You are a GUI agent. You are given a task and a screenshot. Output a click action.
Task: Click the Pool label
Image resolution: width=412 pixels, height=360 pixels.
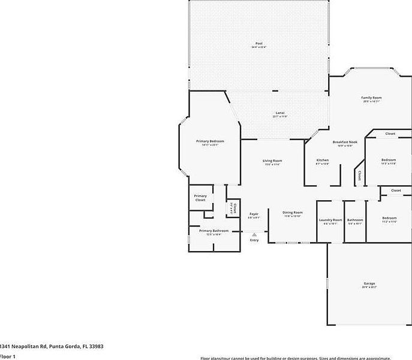pos(259,44)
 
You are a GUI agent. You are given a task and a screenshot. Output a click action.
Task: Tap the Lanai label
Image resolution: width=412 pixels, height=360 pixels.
pos(279,113)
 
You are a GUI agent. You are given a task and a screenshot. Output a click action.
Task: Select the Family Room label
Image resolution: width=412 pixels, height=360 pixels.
pos(371,98)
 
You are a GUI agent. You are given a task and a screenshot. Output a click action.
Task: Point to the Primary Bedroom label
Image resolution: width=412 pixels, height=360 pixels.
pos(210,141)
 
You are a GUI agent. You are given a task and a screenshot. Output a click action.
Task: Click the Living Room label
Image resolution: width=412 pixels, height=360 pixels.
pos(272,161)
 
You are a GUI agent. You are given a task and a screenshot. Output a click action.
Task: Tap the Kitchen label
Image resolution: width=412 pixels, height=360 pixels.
pos(323,161)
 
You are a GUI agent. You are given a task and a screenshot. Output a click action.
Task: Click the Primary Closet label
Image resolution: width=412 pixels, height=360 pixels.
pos(200,198)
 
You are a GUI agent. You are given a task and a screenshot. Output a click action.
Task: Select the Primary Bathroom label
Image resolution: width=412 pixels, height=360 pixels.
pos(213,231)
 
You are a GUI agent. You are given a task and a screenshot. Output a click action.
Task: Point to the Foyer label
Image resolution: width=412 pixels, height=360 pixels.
pos(254,213)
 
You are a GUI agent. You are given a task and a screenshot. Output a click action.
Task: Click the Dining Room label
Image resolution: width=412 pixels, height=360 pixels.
pos(293,213)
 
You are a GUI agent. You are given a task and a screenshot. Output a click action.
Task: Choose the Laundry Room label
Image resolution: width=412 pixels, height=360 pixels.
pos(330,220)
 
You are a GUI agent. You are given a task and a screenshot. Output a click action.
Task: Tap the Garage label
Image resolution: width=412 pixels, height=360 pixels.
pos(369,283)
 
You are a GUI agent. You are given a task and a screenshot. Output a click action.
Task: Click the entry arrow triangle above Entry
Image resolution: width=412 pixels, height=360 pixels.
pos(254,234)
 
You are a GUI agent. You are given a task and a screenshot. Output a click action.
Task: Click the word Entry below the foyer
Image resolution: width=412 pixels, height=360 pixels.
pos(254,240)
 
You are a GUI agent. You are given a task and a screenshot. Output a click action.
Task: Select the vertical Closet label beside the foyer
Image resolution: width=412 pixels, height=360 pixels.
pos(234,208)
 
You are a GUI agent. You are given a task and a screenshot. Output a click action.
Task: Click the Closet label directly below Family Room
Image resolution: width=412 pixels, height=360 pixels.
pos(390,134)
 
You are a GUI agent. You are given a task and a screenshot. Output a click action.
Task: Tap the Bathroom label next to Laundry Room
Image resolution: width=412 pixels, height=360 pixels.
pos(355,220)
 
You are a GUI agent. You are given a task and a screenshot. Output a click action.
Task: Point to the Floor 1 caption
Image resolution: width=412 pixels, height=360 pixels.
pos(7,356)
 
